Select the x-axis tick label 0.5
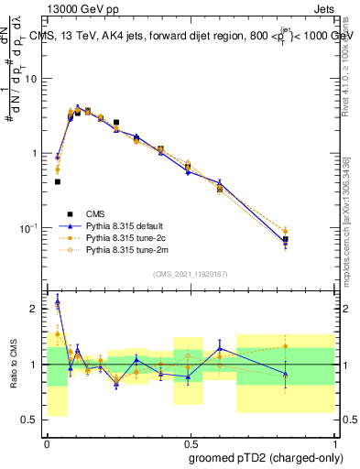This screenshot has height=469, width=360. coord(189,440)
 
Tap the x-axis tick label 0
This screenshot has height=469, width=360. coord(47,440)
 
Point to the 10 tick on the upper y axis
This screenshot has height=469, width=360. coord(31,79)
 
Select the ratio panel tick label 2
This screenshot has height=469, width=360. coord(35,309)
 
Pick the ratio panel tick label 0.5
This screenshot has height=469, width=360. coord(31,420)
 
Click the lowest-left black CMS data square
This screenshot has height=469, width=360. coord(58,181)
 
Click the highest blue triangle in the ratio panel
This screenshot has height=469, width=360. coord(58,302)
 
